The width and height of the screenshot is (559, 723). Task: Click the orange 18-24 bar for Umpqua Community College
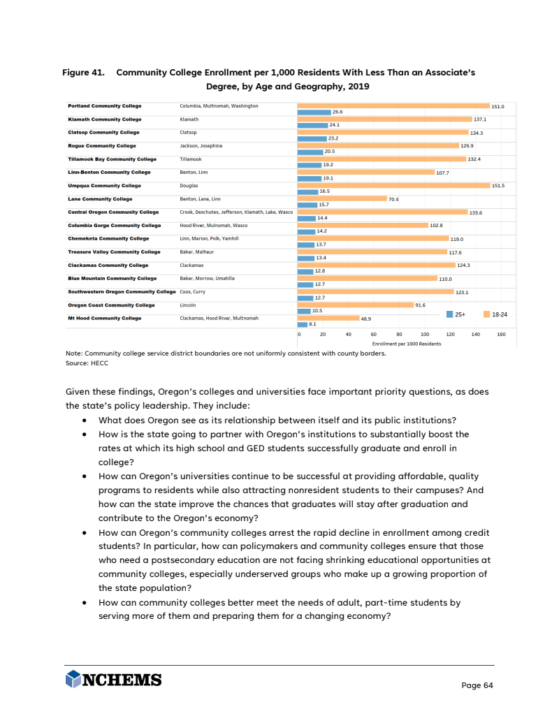click(x=393, y=185)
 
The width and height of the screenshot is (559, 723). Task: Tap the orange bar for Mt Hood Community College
click(x=328, y=318)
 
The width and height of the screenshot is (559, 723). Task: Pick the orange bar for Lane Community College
click(x=342, y=198)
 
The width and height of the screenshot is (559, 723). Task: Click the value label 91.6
click(x=421, y=305)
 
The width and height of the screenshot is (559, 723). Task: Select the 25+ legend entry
click(x=456, y=315)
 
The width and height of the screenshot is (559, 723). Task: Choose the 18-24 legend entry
click(x=495, y=315)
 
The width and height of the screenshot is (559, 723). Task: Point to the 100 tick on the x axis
click(x=424, y=335)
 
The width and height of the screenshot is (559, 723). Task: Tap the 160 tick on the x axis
click(x=501, y=335)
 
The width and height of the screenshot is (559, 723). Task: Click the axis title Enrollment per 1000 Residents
click(x=407, y=344)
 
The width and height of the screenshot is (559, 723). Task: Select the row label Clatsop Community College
click(x=103, y=132)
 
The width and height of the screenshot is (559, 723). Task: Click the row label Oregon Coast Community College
click(x=111, y=305)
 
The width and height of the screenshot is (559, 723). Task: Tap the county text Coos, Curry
click(x=192, y=291)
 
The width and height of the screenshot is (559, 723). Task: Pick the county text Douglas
click(x=189, y=185)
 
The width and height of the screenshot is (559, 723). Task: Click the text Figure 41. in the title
click(x=83, y=73)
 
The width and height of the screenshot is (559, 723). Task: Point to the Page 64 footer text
click(x=477, y=685)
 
